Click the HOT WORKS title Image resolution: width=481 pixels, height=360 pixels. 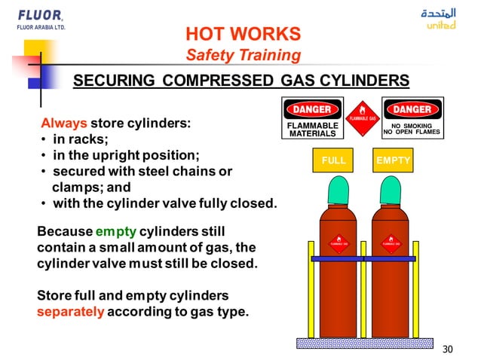[x=242, y=34]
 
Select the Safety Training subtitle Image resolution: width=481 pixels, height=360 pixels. [x=243, y=55]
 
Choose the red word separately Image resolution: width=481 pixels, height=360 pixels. [x=70, y=310]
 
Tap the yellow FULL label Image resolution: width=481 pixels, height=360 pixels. [x=333, y=161]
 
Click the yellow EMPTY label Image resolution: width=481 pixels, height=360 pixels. [x=393, y=161]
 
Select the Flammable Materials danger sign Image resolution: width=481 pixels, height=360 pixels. [x=312, y=118]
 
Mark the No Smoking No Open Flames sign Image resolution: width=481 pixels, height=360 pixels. [x=412, y=118]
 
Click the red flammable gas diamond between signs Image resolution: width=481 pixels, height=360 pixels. [x=363, y=117]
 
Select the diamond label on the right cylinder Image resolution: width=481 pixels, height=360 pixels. [x=391, y=243]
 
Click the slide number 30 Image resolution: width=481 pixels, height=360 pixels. [x=447, y=349]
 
